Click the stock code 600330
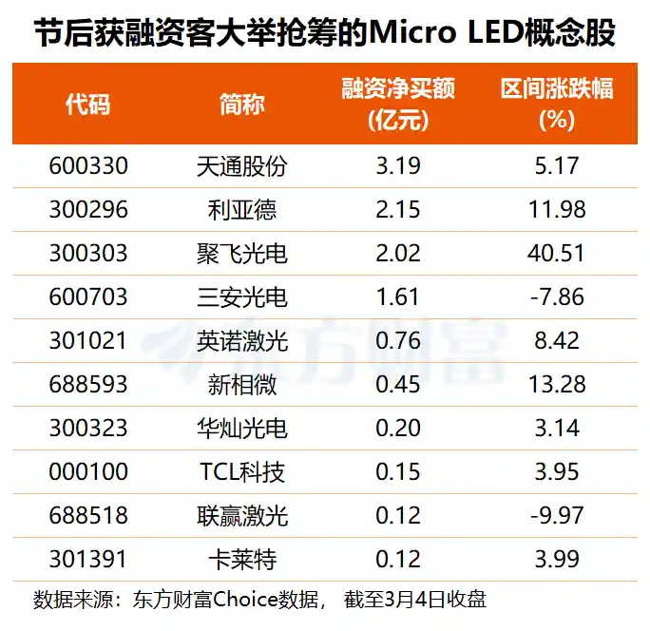point(88,167)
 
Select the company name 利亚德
point(241,210)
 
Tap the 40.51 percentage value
point(557,254)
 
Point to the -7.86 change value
point(557,297)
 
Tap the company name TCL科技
point(241,472)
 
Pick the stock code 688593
point(88,385)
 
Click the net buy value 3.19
point(398,167)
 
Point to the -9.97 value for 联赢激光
point(557,516)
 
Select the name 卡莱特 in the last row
point(241,560)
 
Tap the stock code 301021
point(88,341)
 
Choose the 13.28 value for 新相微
point(557,385)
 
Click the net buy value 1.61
point(398,297)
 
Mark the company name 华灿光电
point(241,429)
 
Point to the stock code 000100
point(88,472)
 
